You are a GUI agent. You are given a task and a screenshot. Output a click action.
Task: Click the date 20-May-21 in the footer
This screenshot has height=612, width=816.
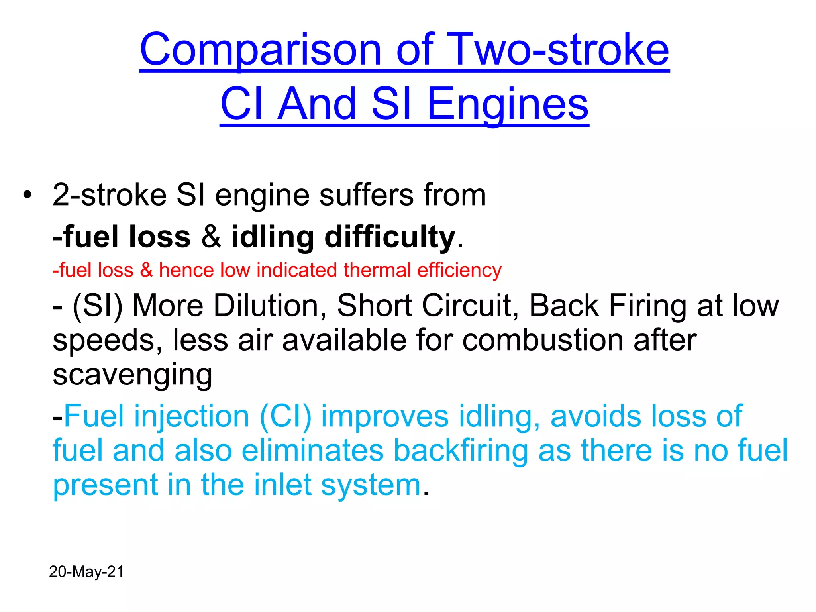pyautogui.click(x=86, y=572)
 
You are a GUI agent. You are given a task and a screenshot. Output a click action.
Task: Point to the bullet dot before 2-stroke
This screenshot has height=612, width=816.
pyautogui.click(x=27, y=196)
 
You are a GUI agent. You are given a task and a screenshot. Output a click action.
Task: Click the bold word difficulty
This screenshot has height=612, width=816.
pyautogui.click(x=390, y=237)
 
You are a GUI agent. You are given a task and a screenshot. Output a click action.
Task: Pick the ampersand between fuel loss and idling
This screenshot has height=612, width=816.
pyautogui.click(x=211, y=237)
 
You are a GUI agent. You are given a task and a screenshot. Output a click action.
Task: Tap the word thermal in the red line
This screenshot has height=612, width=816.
pyautogui.click(x=377, y=270)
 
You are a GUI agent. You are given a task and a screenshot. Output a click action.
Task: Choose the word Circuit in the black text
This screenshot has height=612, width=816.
pyautogui.click(x=470, y=306)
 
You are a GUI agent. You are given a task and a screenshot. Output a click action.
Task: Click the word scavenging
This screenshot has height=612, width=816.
pyautogui.click(x=132, y=375)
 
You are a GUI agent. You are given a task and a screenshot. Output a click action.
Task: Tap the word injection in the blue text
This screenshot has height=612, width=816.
pyautogui.click(x=191, y=416)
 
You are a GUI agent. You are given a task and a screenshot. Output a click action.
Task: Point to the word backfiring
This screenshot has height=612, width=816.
pyautogui.click(x=461, y=451)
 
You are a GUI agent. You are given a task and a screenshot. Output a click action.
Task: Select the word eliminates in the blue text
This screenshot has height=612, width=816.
pyautogui.click(x=312, y=451)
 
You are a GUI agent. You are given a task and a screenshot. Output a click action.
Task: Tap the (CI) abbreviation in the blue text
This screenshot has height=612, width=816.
pyautogui.click(x=285, y=416)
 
